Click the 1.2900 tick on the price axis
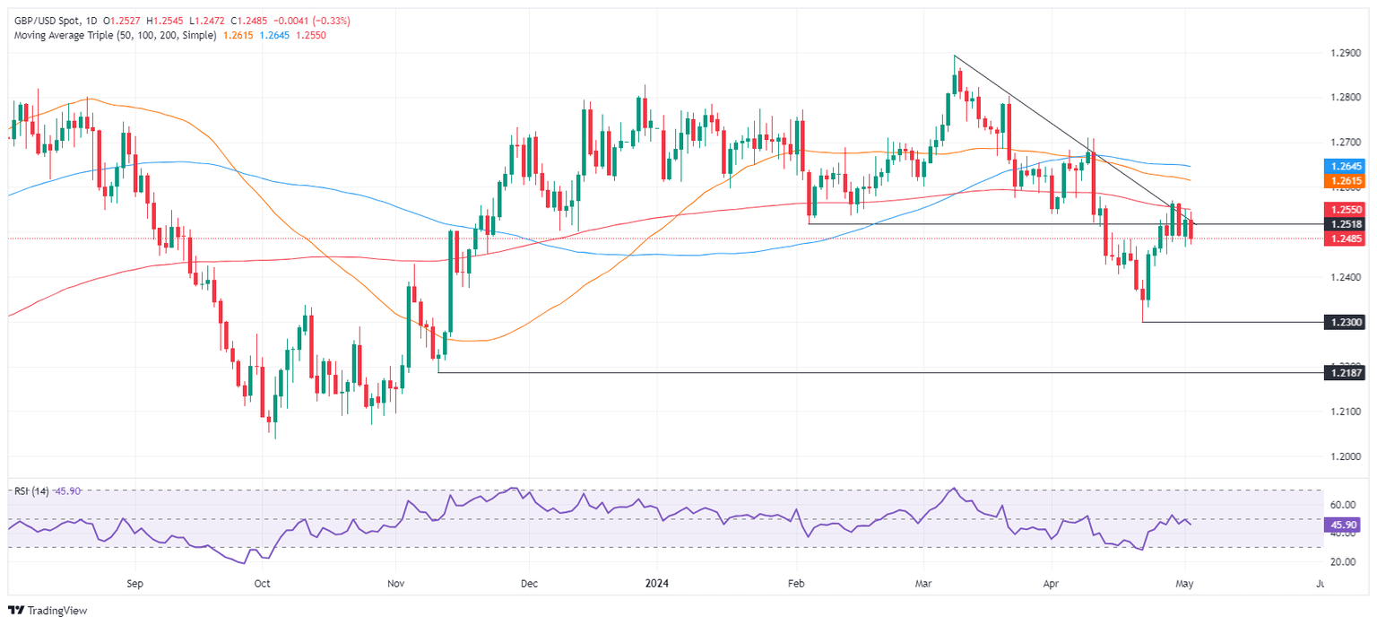pyautogui.click(x=1344, y=53)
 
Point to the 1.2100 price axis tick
pyautogui.click(x=1344, y=412)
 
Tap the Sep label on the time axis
pyautogui.click(x=135, y=583)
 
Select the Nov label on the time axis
pyautogui.click(x=395, y=583)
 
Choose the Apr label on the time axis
pyautogui.click(x=1052, y=583)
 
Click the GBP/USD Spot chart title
pyautogui.click(x=46, y=20)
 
